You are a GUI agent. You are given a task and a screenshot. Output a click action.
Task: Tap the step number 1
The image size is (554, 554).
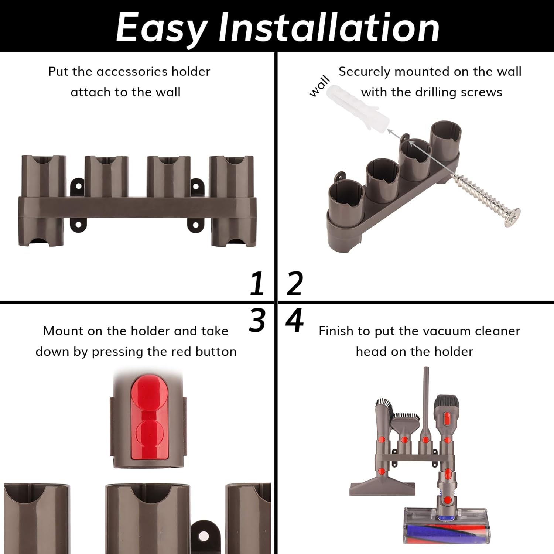[x=257, y=283]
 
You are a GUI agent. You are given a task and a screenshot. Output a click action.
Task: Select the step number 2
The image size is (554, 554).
[x=294, y=283]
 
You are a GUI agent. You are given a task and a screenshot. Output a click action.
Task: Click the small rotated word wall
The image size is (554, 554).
[x=319, y=86]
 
